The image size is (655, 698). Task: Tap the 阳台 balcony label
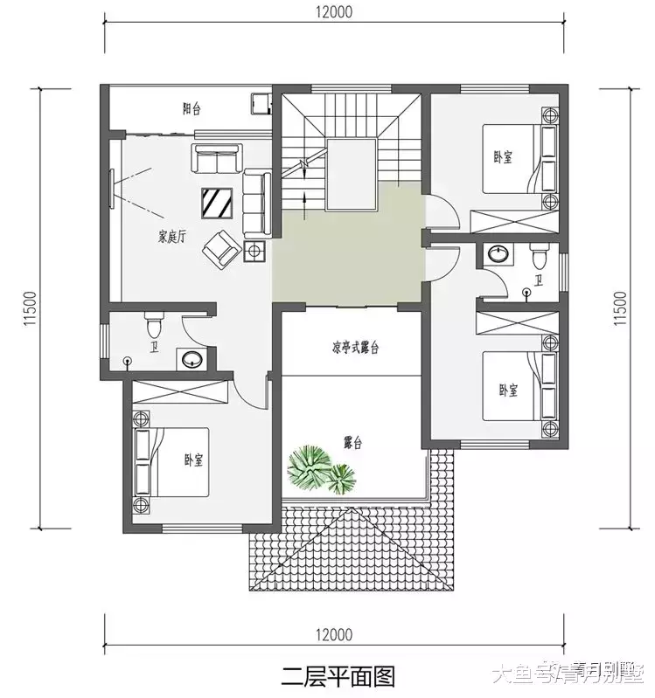tap(192, 110)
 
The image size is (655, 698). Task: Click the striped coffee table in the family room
tap(216, 203)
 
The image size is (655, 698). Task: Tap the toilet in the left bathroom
tap(156, 327)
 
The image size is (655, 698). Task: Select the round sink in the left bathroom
tap(190, 357)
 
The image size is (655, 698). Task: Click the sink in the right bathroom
tap(498, 255)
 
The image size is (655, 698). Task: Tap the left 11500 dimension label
tap(29, 308)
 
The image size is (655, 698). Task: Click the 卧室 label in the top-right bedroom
tap(503, 157)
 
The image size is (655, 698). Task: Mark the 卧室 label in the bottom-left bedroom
tap(193, 460)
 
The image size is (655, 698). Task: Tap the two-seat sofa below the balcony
tap(215, 160)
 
